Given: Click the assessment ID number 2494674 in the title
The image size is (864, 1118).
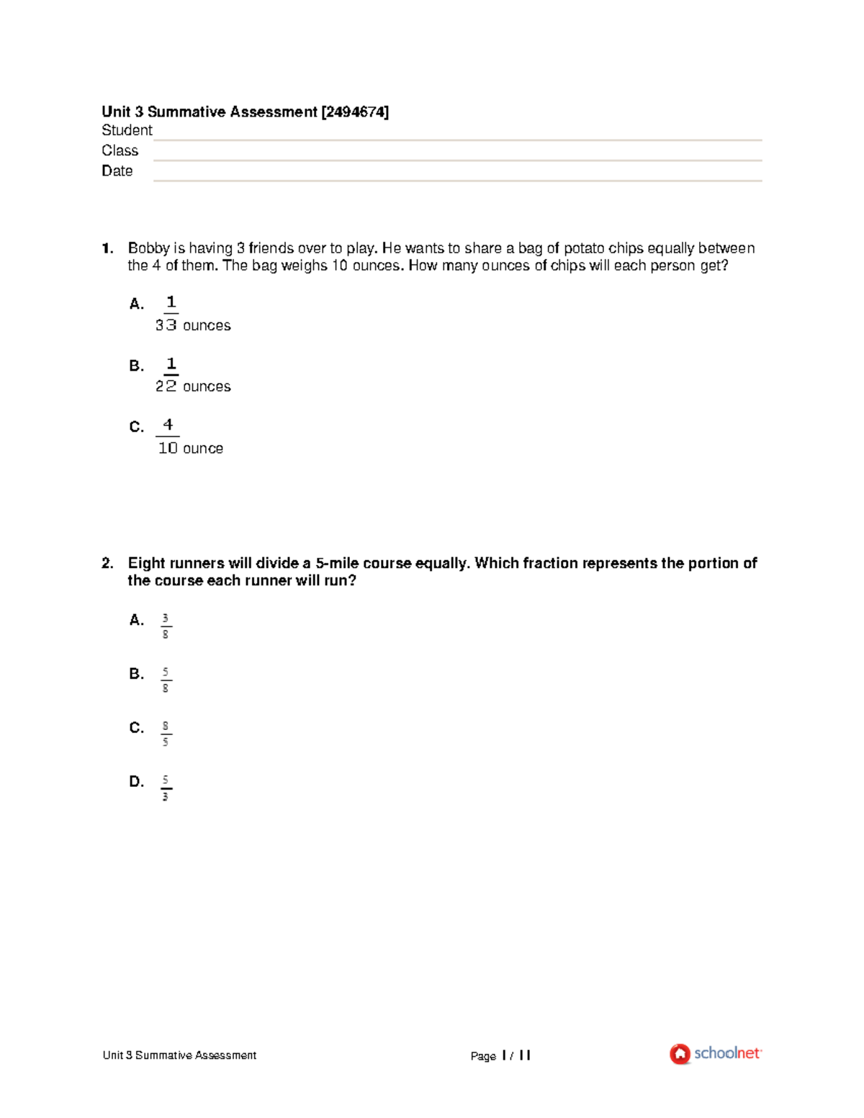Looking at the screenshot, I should click(355, 112).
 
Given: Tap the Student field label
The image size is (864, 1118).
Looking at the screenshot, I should click(127, 130).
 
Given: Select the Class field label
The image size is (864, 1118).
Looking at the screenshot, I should click(120, 150).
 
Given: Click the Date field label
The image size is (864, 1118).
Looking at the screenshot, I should click(117, 171).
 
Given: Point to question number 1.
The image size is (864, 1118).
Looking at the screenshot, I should click(107, 248).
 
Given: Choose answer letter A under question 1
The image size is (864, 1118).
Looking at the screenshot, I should click(136, 304).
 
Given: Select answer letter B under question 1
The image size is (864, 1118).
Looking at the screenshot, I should click(136, 366).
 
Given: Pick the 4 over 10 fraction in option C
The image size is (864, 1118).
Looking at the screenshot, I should click(168, 436).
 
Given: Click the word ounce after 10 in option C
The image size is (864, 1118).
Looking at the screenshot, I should click(203, 448).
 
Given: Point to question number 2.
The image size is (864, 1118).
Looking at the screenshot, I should click(107, 563).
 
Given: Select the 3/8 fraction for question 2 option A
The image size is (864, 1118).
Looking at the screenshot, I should click(166, 626).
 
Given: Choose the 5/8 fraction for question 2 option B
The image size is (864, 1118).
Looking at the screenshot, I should click(166, 680).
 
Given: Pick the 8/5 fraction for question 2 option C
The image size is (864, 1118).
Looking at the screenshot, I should click(166, 734).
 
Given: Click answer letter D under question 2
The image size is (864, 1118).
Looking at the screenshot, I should click(136, 781).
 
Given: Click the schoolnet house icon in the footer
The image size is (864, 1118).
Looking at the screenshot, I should click(680, 1054).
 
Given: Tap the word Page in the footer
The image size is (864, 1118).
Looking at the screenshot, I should click(483, 1056).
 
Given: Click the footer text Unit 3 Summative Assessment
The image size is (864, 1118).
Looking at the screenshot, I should click(179, 1055).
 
